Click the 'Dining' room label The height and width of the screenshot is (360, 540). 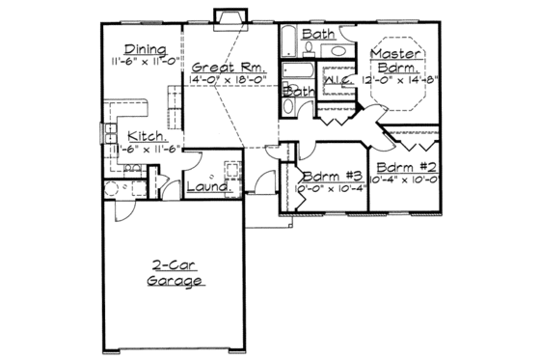(146, 50)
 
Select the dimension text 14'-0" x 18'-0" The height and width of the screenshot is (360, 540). (224, 80)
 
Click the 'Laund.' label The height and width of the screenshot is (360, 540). (205, 186)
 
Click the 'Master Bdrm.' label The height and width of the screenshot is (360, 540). (394, 61)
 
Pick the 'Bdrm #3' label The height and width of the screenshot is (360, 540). (331, 178)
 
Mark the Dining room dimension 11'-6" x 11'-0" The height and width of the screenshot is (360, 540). (145, 63)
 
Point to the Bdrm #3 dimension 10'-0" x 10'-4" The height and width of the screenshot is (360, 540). (331, 190)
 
